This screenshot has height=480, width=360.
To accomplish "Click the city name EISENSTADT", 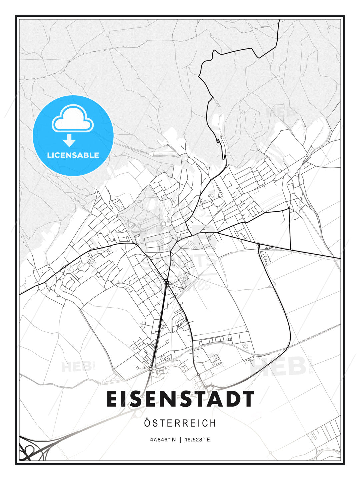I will click(x=180, y=399).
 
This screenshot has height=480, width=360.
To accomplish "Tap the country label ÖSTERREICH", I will click(x=180, y=423).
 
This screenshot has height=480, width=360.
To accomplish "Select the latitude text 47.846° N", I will click(x=163, y=440).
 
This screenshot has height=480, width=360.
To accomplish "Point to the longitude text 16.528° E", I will click(x=197, y=440).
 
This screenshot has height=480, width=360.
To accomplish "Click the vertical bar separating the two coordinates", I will click(x=180, y=440).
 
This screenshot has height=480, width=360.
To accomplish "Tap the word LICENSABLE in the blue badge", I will click(x=73, y=155).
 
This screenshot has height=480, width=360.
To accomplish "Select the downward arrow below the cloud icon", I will click(x=69, y=140).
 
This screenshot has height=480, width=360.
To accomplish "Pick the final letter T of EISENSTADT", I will click(x=248, y=399).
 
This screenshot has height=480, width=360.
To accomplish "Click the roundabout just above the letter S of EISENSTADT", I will click(x=151, y=369).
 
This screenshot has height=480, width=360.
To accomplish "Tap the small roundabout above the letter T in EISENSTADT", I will click(x=198, y=375).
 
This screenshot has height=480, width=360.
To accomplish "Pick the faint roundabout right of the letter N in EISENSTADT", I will click(x=137, y=414).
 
